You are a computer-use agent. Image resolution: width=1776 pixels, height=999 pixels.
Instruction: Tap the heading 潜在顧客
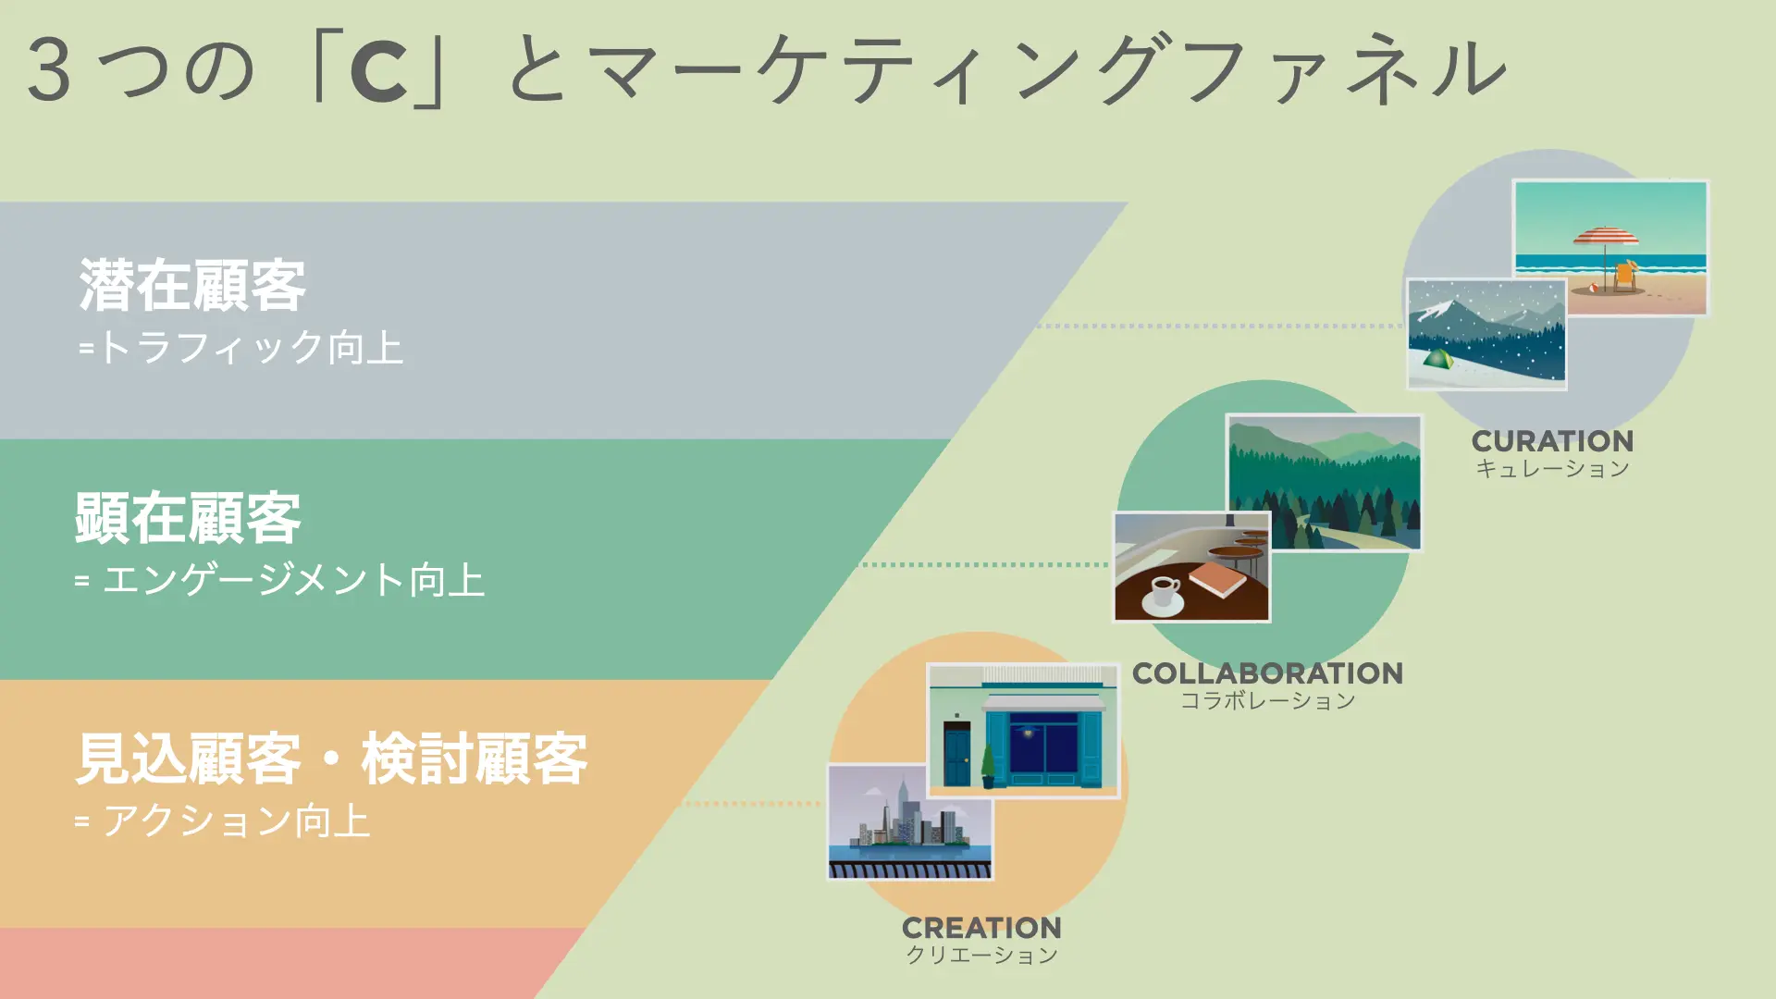192,285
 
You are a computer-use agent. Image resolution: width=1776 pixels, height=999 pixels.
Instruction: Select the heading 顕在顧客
188,518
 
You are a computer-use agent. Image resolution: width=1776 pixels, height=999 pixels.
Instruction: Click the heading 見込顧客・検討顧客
331,758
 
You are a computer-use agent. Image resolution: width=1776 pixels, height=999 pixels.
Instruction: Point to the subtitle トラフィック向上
251,348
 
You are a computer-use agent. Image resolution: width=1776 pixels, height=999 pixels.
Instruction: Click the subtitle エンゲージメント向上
293,580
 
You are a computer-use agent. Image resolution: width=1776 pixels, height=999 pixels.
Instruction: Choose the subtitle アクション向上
236,820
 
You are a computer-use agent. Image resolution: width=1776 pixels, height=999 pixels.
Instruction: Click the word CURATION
1552,441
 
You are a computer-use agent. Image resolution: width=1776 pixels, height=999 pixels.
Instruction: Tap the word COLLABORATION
1267,673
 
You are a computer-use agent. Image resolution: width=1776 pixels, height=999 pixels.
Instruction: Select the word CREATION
981,928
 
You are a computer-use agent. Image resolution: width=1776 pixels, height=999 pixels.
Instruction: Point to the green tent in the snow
1437,359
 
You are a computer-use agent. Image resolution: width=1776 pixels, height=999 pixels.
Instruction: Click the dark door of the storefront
957,754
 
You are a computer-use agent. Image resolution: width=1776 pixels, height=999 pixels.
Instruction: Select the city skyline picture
910,822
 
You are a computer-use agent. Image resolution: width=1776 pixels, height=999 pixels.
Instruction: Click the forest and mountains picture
1324,482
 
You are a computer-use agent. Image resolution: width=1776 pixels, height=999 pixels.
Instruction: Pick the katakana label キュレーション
1552,469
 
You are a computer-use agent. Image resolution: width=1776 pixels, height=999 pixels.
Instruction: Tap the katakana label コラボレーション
1267,700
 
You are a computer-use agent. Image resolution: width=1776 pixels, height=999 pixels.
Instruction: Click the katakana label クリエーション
981,955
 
